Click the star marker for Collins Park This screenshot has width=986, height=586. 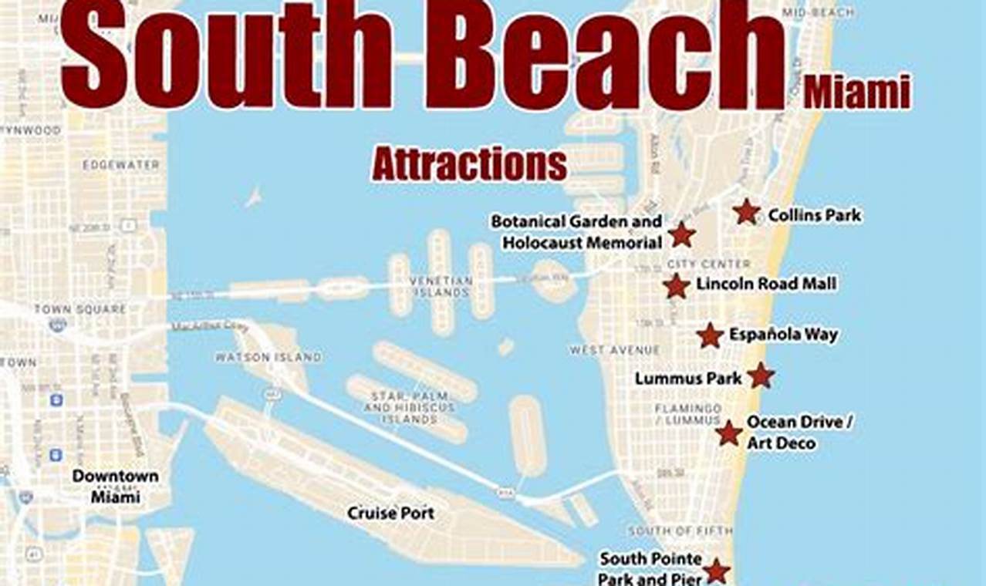[x=746, y=212]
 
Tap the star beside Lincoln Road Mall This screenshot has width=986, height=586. [x=676, y=286]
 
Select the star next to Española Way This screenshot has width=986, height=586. [x=709, y=335]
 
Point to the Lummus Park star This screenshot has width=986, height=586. [x=761, y=376]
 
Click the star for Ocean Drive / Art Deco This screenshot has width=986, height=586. [x=728, y=433]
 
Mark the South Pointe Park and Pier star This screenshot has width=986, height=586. [x=717, y=571]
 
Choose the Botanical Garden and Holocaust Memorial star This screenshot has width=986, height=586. [x=682, y=234]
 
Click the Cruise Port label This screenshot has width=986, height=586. [x=390, y=513]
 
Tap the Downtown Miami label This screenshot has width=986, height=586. [x=116, y=486]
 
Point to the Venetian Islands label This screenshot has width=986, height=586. [x=440, y=286]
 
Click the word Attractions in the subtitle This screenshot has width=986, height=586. [x=469, y=163]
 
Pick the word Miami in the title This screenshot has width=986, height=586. [x=856, y=94]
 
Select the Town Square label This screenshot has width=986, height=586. [x=79, y=309]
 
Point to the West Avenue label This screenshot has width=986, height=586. [x=615, y=350]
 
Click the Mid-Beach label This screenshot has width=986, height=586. [x=819, y=12]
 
